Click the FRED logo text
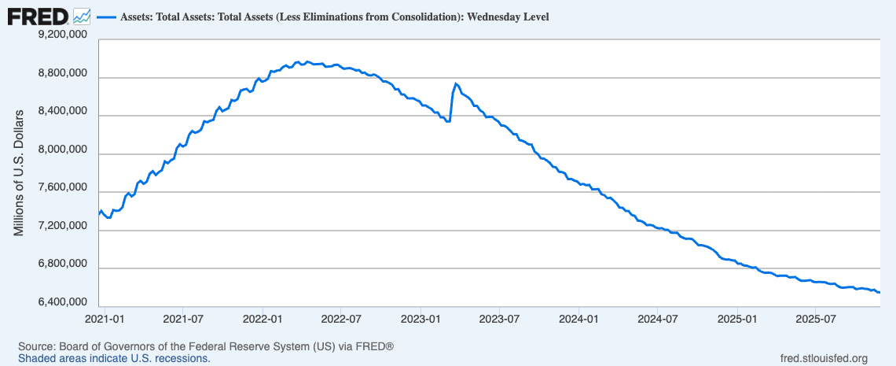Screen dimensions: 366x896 click(x=37, y=16)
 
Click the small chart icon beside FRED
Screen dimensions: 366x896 click(x=81, y=16)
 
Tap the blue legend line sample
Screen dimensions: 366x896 click(x=105, y=17)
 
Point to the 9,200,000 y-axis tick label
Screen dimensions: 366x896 click(x=57, y=35)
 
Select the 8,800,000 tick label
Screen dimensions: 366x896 click(x=57, y=73)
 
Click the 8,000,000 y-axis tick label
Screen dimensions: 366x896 click(x=57, y=150)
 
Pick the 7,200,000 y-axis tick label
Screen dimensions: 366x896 click(x=57, y=227)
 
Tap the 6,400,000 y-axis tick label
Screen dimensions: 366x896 click(x=57, y=302)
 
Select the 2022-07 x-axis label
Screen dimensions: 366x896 click(x=341, y=320)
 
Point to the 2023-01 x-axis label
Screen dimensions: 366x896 click(x=420, y=320)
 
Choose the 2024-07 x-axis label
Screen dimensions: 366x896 click(x=658, y=320)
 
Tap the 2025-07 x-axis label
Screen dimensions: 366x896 click(x=815, y=320)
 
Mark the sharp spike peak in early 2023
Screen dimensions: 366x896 click(x=456, y=83)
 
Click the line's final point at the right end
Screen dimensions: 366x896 click(x=879, y=293)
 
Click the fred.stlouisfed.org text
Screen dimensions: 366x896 click(x=821, y=359)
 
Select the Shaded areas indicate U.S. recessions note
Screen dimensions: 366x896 click(x=114, y=359)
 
